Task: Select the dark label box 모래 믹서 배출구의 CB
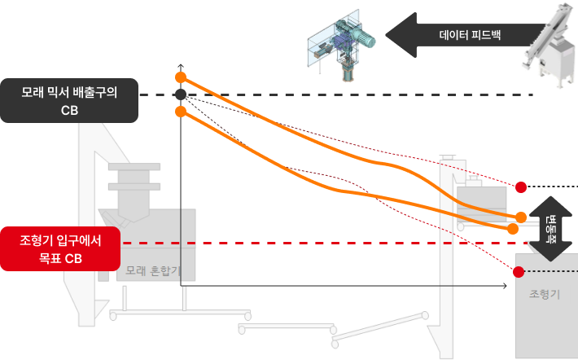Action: (68, 101)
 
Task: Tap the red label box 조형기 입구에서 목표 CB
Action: (60, 248)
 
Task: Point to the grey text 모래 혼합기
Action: (160, 269)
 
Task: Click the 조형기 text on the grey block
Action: (545, 294)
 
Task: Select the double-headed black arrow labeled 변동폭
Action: (550, 228)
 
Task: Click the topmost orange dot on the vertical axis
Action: (181, 77)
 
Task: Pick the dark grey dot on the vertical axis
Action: (181, 95)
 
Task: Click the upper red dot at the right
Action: (521, 187)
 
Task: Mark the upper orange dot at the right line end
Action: (521, 217)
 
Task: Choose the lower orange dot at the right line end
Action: (513, 229)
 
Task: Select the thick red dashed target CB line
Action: (326, 243)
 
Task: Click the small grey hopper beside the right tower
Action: (481, 204)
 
